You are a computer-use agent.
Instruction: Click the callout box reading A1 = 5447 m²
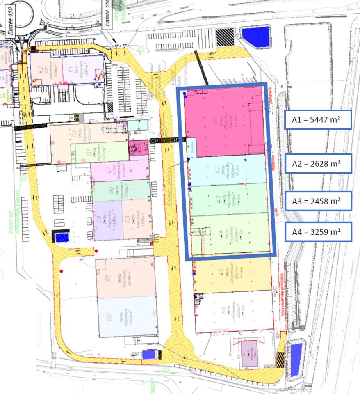point(318,119)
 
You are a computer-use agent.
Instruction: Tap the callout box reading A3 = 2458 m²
point(318,201)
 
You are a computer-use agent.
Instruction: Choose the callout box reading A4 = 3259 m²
point(318,232)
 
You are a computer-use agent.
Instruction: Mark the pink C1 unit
point(119,170)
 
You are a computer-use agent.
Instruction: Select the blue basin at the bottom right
point(295,355)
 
